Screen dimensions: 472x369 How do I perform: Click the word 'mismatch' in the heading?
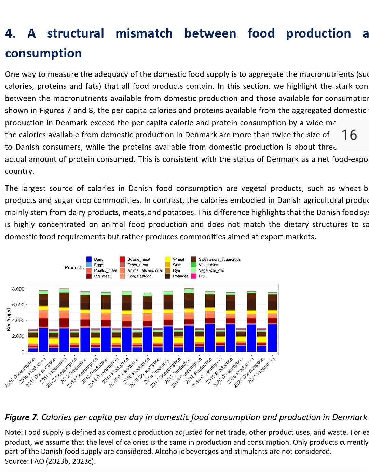coord(144,33)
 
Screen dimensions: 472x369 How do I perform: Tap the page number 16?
coord(349,135)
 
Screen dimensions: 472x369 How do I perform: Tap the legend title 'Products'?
coord(74,268)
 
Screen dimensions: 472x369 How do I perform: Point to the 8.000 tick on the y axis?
coord(18,289)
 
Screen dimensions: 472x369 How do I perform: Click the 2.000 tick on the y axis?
coord(18,336)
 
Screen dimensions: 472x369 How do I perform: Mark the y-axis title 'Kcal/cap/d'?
coord(9,319)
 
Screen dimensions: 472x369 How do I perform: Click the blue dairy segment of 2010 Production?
coord(43,340)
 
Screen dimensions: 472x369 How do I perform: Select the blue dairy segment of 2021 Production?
coord(272,338)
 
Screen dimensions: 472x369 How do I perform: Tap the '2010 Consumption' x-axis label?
coord(20,372)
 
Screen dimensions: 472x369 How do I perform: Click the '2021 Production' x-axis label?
coord(262,371)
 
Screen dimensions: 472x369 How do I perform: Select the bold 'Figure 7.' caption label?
coord(22,417)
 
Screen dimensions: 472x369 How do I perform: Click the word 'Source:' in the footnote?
coord(16,461)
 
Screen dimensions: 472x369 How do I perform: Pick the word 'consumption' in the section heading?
coord(43,53)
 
